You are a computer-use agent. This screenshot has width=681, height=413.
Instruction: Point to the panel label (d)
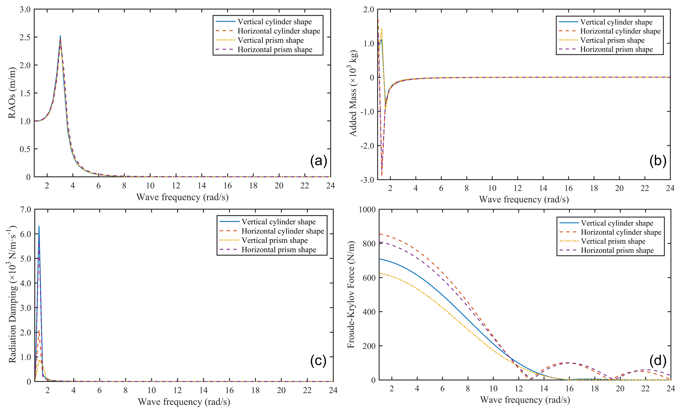(658, 361)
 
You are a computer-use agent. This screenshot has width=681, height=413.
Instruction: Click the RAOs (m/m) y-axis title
(12, 93)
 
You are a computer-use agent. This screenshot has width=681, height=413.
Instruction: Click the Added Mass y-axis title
(353, 93)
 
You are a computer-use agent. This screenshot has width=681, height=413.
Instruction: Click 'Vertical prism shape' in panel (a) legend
(271, 40)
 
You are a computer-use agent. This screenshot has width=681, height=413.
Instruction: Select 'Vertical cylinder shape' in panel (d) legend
(617, 223)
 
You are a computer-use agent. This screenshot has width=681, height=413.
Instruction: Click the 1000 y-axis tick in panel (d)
(367, 209)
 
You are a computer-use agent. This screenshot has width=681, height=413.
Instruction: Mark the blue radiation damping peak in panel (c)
(39, 226)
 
